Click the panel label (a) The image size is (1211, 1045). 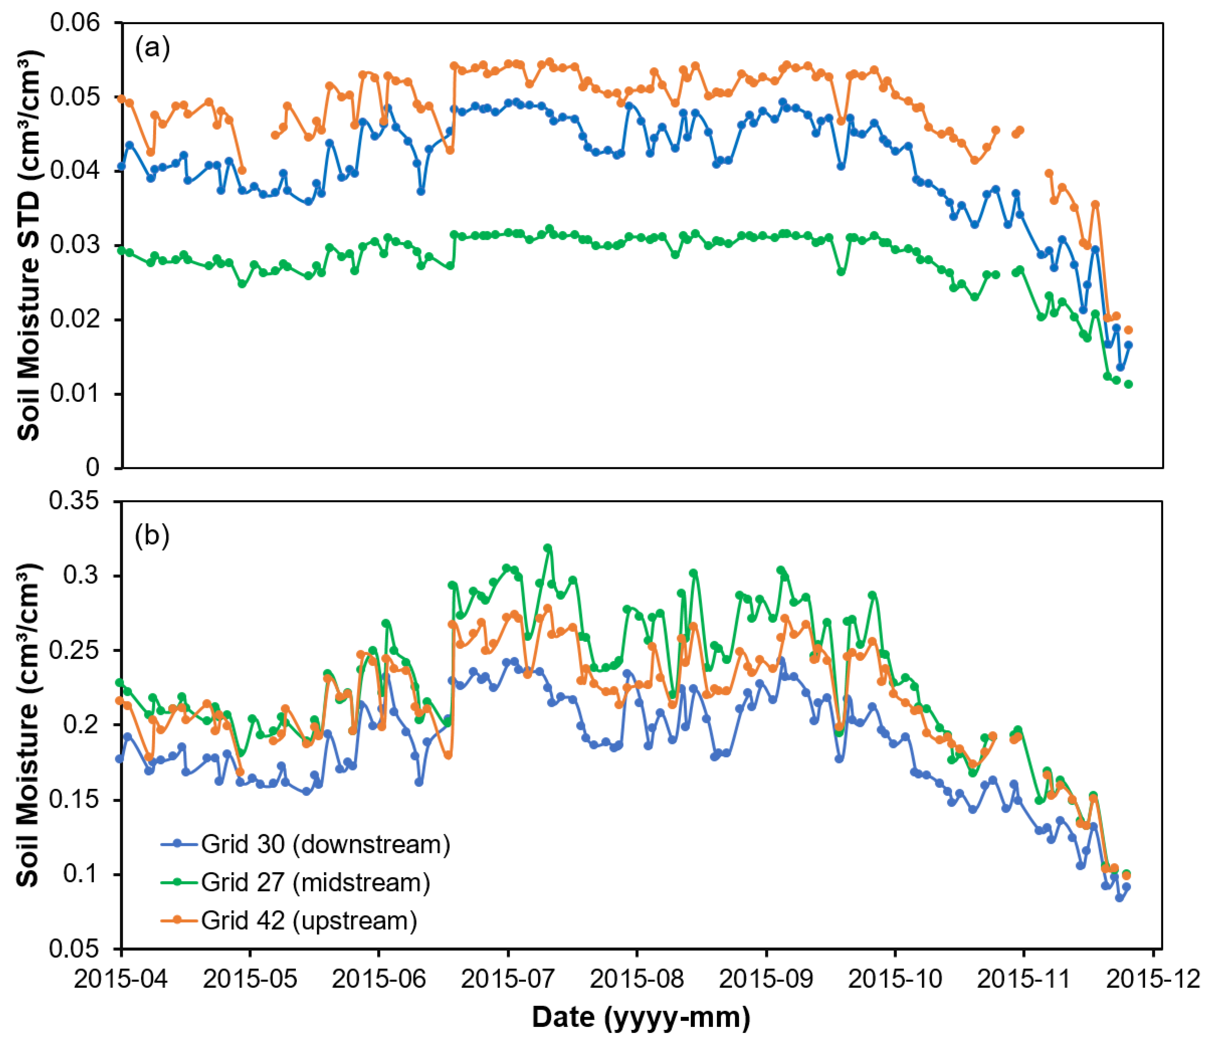coord(152,48)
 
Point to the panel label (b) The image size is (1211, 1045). coord(152,535)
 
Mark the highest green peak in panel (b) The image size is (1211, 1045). coord(548,548)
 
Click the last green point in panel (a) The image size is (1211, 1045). coord(1129,384)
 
